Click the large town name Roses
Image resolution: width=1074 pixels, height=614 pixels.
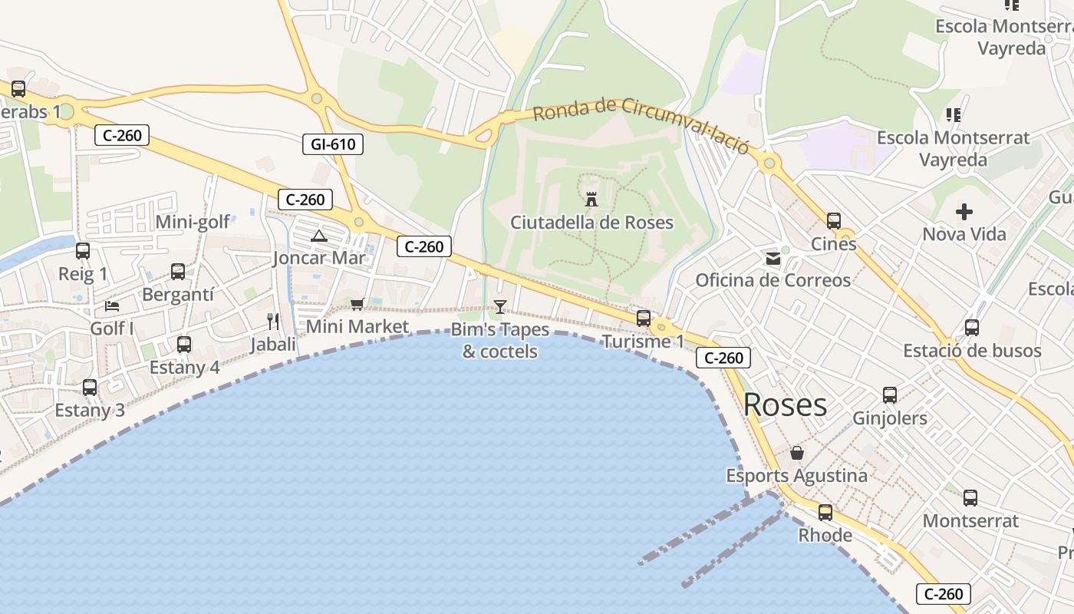pyautogui.click(x=785, y=405)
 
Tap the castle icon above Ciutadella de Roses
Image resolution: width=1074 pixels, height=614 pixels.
pyautogui.click(x=591, y=199)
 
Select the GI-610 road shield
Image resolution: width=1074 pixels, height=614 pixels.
pyautogui.click(x=333, y=144)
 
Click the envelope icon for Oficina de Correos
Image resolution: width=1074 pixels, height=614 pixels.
pyautogui.click(x=773, y=259)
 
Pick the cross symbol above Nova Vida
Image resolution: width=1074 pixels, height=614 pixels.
pyautogui.click(x=964, y=211)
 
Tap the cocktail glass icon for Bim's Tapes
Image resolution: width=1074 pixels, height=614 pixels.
pyautogui.click(x=500, y=307)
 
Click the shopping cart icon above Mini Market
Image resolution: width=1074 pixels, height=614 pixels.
pyautogui.click(x=357, y=305)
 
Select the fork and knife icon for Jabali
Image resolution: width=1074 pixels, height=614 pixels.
pyautogui.click(x=273, y=321)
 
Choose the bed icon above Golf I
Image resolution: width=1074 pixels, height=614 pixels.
pyautogui.click(x=112, y=306)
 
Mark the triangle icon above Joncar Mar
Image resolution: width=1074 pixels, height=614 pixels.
pyautogui.click(x=319, y=236)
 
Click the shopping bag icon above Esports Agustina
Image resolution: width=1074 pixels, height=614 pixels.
pyautogui.click(x=797, y=453)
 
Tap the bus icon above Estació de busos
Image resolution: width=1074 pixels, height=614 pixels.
pyautogui.click(x=972, y=328)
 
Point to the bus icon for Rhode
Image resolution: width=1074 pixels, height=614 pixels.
pyautogui.click(x=825, y=512)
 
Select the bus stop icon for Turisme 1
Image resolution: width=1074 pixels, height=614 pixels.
pyautogui.click(x=644, y=318)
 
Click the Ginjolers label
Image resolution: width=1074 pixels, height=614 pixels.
pyautogui.click(x=890, y=418)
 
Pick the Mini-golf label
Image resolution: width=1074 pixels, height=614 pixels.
pyautogui.click(x=193, y=223)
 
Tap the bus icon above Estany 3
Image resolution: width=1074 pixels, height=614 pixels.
pyautogui.click(x=90, y=388)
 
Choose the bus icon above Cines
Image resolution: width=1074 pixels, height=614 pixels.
pyautogui.click(x=834, y=221)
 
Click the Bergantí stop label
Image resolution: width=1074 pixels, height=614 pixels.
pyautogui.click(x=178, y=295)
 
